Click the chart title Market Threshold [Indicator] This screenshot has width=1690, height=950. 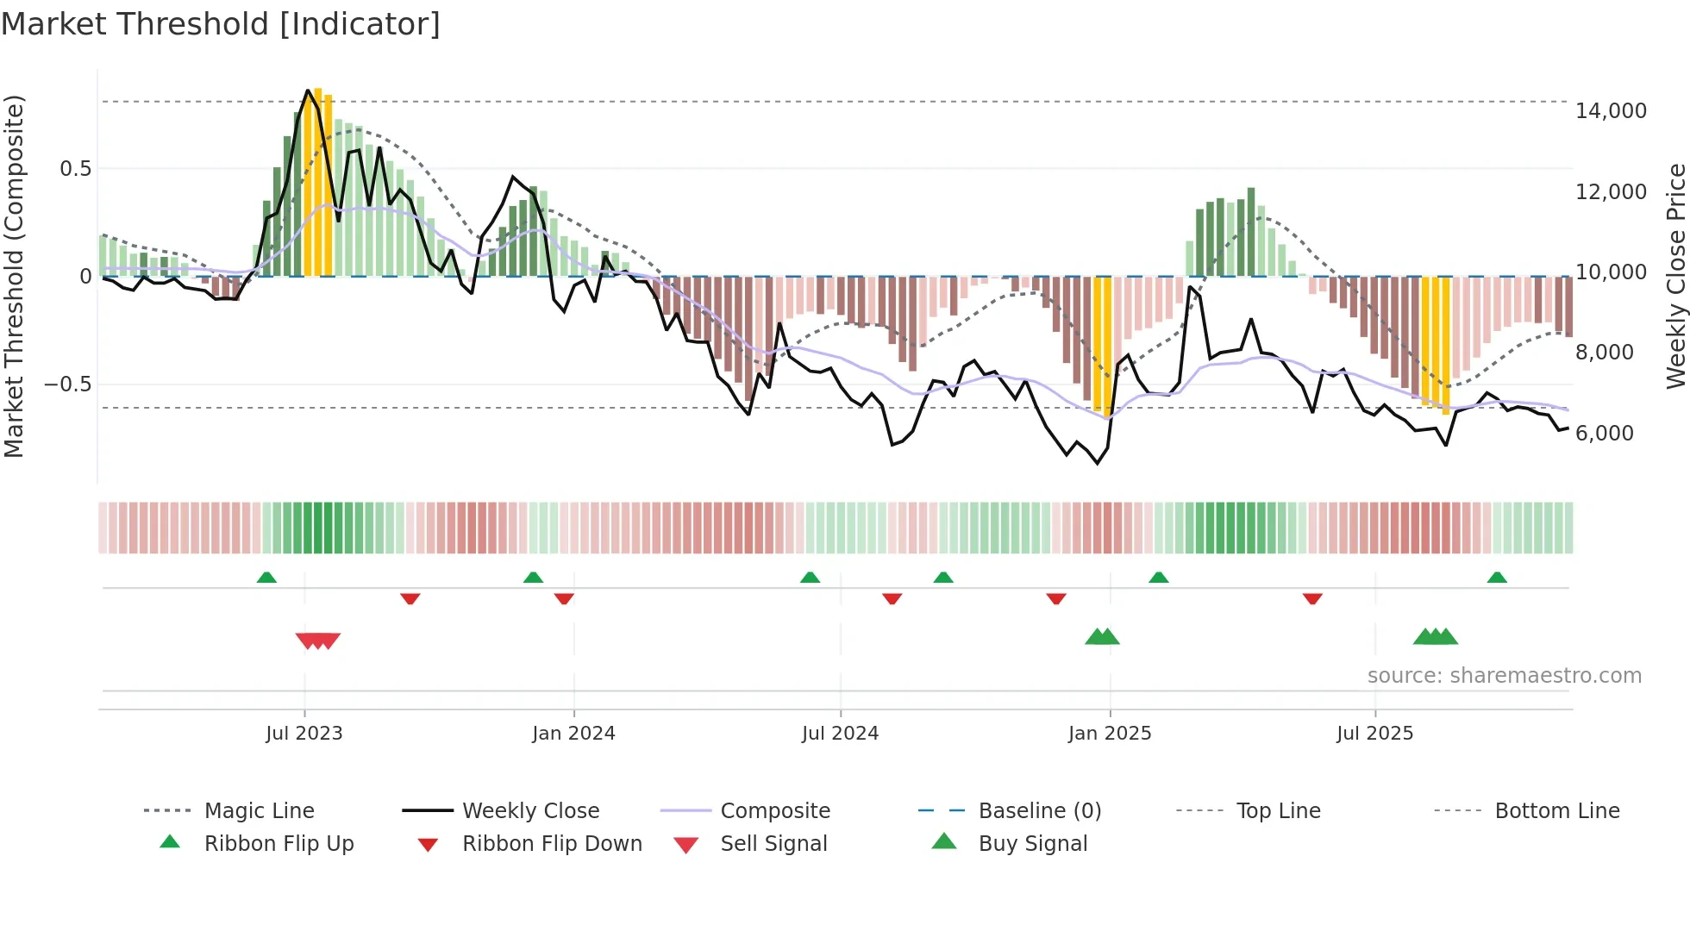(221, 24)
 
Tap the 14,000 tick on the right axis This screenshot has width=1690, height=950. (1610, 111)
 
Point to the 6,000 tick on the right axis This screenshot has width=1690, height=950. (1604, 434)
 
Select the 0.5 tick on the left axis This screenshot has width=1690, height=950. (75, 169)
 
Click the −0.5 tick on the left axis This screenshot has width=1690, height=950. (67, 384)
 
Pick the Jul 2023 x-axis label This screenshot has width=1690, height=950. (304, 734)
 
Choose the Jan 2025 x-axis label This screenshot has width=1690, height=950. (1109, 734)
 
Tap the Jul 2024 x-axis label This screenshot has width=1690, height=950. (840, 734)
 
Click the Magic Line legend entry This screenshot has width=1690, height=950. (259, 811)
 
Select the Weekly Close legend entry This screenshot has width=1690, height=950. (530, 811)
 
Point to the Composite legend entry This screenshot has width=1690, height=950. (774, 811)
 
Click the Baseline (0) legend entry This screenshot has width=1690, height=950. (1039, 811)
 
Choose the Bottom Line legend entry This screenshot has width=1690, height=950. (1556, 811)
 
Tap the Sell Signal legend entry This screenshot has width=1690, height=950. (773, 844)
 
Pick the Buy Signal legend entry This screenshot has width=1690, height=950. (1032, 844)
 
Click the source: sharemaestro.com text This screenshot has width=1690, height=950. (1504, 676)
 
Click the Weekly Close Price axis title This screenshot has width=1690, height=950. (1675, 276)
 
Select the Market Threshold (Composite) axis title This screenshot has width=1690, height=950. (14, 276)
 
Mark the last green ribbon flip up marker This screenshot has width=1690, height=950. (1497, 578)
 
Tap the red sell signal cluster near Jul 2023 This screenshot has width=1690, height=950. (317, 641)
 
